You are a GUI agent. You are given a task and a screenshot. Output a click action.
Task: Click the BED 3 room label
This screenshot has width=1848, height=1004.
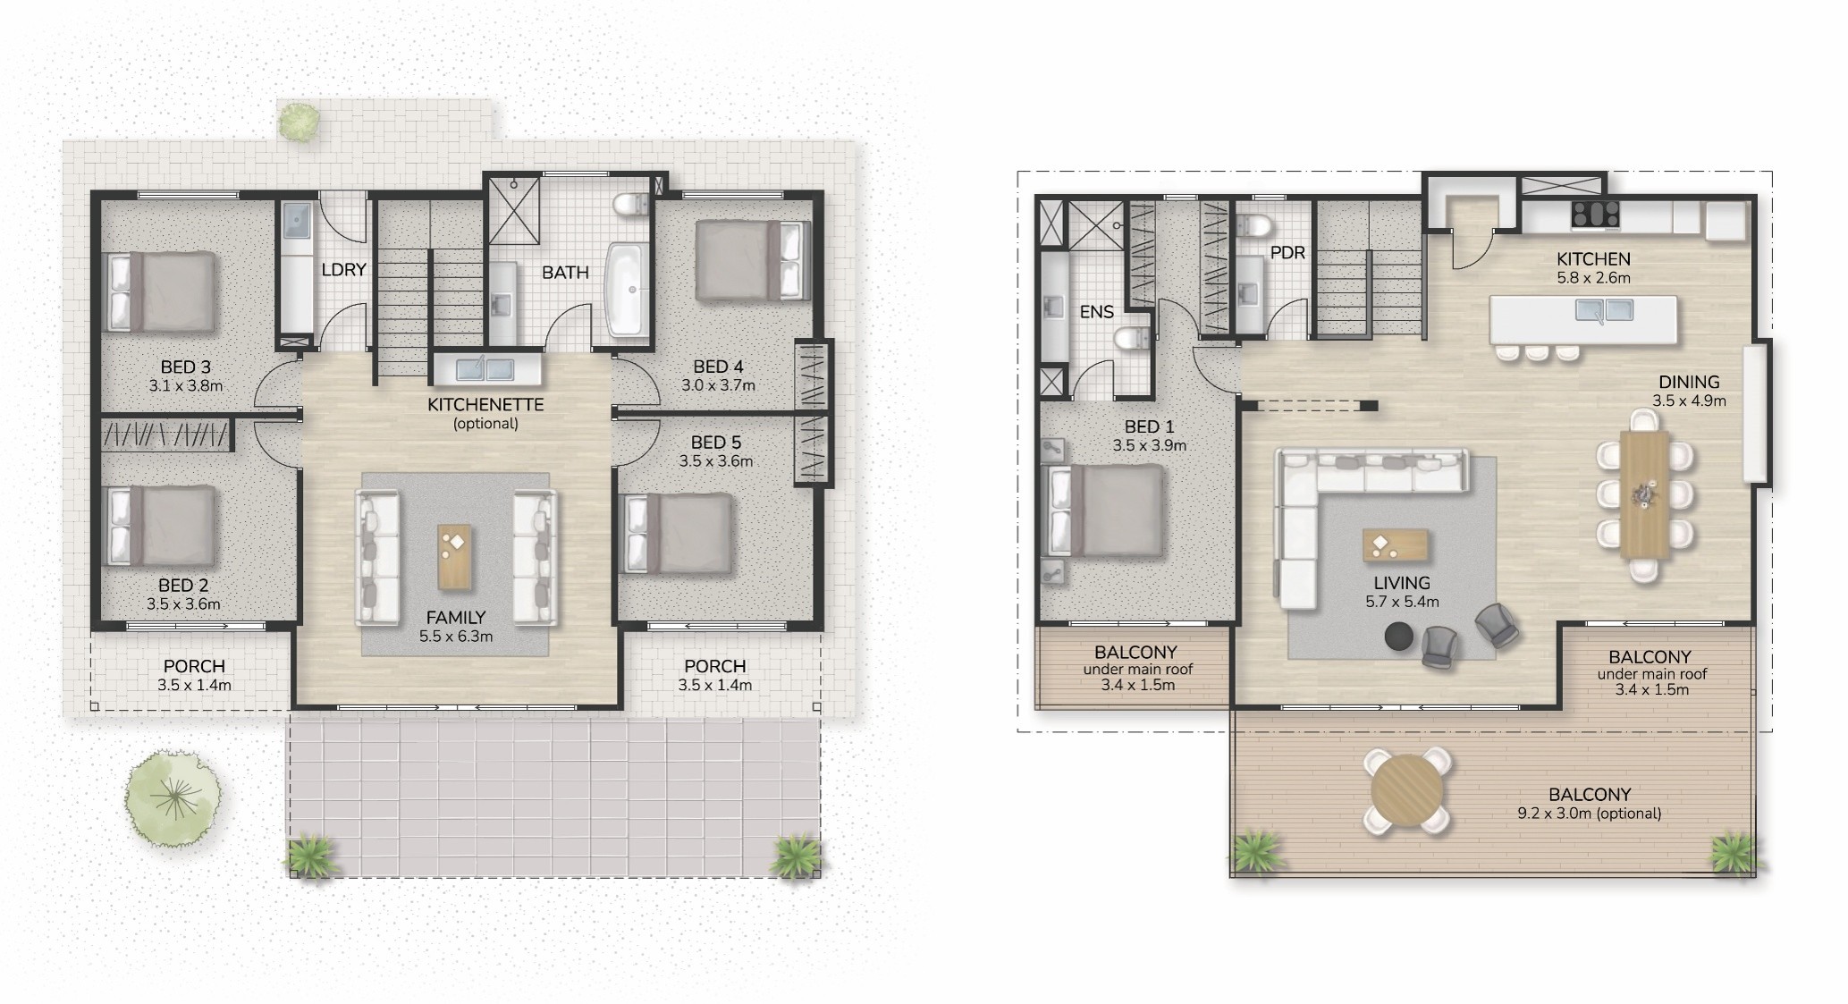click(186, 367)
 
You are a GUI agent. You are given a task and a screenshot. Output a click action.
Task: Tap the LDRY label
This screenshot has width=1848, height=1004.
click(343, 269)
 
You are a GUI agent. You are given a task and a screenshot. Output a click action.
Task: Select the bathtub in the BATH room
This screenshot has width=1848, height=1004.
click(629, 289)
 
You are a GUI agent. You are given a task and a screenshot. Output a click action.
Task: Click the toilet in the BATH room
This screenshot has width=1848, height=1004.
click(633, 205)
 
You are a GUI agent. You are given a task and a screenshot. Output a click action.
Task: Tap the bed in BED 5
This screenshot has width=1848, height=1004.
click(677, 534)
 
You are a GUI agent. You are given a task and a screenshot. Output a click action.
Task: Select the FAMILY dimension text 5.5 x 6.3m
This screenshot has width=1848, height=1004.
click(456, 637)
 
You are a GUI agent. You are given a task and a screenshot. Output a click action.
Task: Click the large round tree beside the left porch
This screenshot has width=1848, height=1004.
click(173, 796)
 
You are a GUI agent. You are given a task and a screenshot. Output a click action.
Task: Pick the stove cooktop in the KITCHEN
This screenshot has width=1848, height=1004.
click(1596, 215)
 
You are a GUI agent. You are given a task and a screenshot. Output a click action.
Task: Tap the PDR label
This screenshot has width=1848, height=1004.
click(1287, 253)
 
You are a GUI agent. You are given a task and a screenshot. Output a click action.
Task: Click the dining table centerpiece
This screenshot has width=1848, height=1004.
click(1644, 495)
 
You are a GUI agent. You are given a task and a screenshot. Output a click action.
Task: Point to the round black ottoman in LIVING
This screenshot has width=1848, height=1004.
click(1399, 637)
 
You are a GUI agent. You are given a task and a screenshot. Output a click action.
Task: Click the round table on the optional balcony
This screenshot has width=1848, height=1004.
click(1407, 791)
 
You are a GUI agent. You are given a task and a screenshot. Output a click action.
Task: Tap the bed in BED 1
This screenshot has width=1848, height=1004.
click(1107, 512)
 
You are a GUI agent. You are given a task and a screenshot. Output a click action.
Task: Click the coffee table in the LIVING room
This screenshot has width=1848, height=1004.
click(1396, 545)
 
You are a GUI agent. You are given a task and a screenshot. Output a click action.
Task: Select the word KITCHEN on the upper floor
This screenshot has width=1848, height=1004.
click(1593, 258)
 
